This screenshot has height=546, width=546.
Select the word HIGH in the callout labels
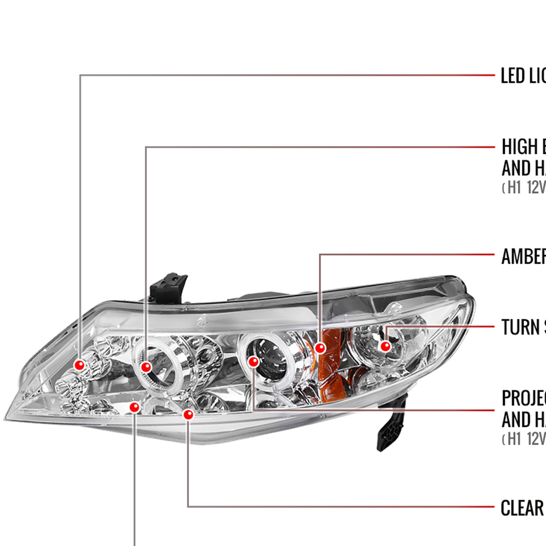[520, 147]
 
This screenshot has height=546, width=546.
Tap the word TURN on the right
[521, 327]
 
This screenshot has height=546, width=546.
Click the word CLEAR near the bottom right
[522, 508]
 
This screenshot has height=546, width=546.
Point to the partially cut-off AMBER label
[523, 256]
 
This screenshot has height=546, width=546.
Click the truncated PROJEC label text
[523, 398]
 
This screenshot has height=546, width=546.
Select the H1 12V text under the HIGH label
[524, 187]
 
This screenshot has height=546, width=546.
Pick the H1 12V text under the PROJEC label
[524, 439]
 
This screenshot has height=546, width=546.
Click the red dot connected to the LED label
[79, 365]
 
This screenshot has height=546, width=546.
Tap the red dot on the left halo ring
[146, 367]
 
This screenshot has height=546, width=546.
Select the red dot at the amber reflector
[320, 348]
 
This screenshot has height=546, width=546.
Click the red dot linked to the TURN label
[385, 346]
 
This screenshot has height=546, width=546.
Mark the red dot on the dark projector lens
[253, 361]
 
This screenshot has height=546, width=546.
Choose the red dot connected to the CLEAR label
[188, 414]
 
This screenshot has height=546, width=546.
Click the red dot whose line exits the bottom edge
[135, 407]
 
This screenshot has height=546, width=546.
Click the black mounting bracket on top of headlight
[169, 288]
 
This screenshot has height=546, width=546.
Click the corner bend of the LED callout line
[80, 75]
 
